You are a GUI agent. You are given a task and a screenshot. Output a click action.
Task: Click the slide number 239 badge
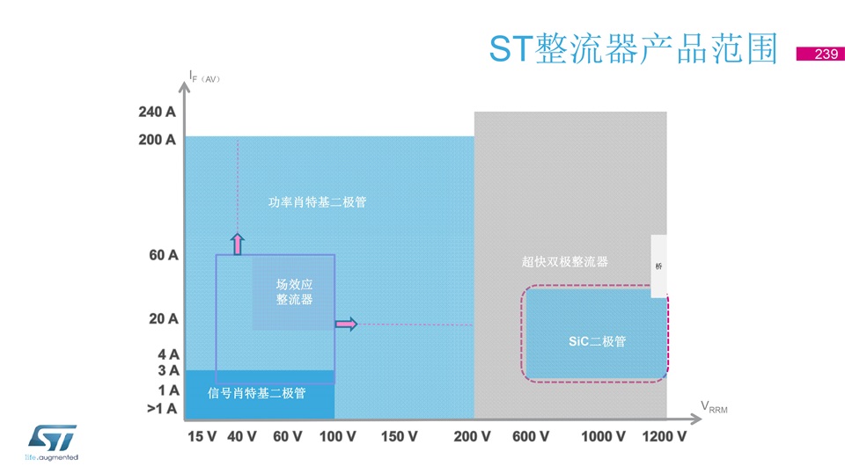coord(820,54)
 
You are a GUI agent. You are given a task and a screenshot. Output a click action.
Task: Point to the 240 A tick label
coord(157,112)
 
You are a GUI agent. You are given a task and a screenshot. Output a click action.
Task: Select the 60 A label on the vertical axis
coord(164,255)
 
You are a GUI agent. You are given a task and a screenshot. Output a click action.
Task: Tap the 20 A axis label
coord(164,319)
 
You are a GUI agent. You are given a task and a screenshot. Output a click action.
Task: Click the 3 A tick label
coord(168,370)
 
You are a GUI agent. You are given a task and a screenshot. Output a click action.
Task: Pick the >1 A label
coord(162,409)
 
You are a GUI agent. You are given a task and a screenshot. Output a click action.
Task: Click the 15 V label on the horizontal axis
coord(202,436)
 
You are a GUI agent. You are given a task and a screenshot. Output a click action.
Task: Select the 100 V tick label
coord(337,436)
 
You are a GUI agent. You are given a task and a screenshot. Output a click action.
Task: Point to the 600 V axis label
coord(531,436)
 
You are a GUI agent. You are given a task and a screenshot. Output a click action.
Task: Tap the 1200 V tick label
coord(664,436)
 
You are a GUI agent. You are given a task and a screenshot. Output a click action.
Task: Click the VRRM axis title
coord(714,407)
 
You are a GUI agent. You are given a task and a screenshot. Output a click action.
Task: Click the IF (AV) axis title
coord(204,77)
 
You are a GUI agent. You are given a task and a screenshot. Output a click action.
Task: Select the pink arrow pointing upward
coord(237,244)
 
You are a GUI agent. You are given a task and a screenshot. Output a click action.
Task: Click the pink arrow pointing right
coord(346,324)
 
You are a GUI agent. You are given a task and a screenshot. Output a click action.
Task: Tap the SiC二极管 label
coord(597,341)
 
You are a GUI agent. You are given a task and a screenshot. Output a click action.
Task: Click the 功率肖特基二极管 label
coord(318,202)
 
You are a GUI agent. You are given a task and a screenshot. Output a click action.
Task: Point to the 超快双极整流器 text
coord(565,262)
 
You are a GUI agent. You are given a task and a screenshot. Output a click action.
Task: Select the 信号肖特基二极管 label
coord(256,393)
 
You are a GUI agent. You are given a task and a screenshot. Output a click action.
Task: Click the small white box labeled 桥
coord(658,266)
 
